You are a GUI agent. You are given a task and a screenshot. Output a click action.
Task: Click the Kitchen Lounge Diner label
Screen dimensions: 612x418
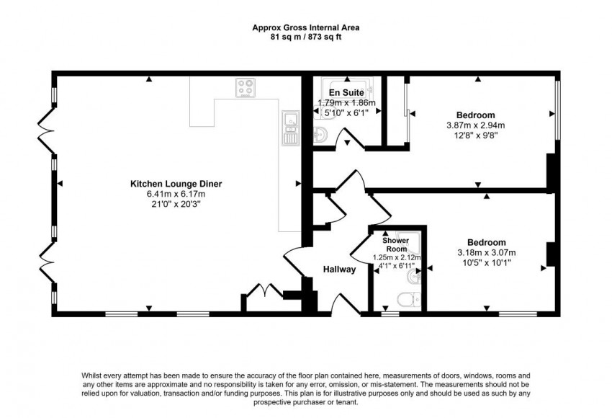(176, 184)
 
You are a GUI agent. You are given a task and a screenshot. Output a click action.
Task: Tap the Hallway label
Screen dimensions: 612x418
(339, 269)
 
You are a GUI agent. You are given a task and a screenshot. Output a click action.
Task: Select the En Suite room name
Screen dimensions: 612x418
(346, 92)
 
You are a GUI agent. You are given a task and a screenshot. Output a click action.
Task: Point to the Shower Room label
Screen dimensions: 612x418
(396, 244)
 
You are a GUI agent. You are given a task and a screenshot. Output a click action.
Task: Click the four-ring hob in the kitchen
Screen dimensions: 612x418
(246, 87)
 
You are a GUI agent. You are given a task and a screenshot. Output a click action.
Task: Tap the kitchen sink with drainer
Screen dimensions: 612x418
(290, 128)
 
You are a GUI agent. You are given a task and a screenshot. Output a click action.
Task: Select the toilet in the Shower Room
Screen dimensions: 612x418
(409, 300)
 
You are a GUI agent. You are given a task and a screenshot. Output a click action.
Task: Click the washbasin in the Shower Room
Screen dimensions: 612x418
(414, 277)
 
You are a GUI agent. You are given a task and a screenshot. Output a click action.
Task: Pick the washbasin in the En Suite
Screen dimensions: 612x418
(320, 134)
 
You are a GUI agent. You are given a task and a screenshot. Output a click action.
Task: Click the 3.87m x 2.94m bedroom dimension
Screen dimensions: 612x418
(475, 125)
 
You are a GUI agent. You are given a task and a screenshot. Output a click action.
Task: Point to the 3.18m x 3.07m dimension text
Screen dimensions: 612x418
(486, 252)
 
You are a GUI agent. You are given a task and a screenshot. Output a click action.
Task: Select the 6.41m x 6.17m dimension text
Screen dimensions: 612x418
(176, 194)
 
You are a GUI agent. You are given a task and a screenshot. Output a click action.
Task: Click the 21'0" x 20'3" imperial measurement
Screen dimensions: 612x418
(176, 203)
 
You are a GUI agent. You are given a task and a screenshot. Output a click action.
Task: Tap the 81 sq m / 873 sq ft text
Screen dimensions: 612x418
(305, 37)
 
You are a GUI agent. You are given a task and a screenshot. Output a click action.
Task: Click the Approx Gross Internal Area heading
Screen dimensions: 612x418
(305, 27)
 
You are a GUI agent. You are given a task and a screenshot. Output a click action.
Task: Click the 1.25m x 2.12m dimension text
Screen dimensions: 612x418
(397, 258)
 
